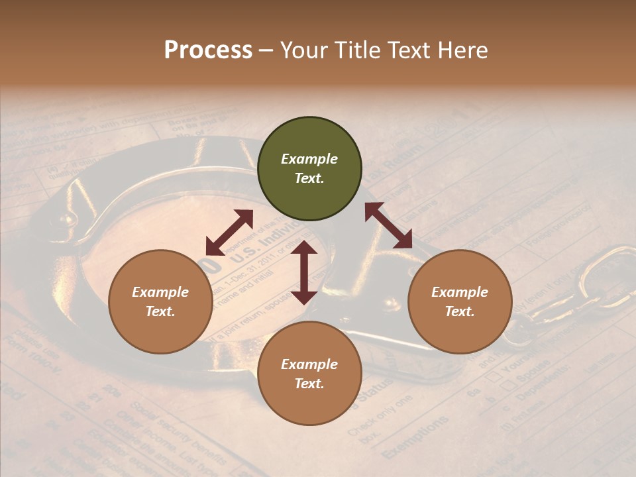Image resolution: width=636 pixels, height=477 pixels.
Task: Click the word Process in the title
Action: click(208, 50)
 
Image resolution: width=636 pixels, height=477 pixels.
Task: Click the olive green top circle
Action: click(309, 169)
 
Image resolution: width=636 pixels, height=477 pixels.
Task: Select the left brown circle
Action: click(160, 301)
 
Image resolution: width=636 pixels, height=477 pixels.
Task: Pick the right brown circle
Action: click(460, 301)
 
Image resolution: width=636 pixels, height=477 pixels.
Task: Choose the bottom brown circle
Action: click(309, 374)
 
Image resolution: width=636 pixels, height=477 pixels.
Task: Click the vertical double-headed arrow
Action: click(304, 272)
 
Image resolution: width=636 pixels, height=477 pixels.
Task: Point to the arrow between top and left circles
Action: click(229, 233)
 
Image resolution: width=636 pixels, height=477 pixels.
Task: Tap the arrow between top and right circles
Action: click(389, 225)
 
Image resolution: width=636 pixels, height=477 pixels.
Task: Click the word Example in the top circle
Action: click(309, 159)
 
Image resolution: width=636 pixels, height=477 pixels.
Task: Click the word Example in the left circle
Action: click(160, 292)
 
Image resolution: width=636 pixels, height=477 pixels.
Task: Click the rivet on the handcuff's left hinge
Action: click(64, 217)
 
